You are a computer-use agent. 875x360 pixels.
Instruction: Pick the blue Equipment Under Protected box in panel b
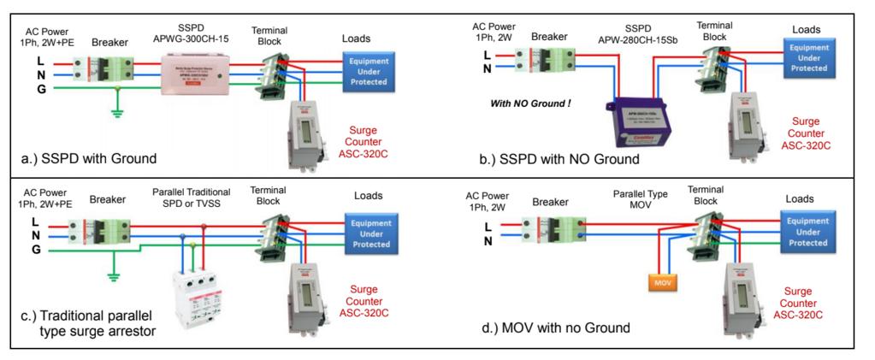tap(808, 58)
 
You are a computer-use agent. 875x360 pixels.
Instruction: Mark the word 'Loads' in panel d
tap(802, 198)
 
